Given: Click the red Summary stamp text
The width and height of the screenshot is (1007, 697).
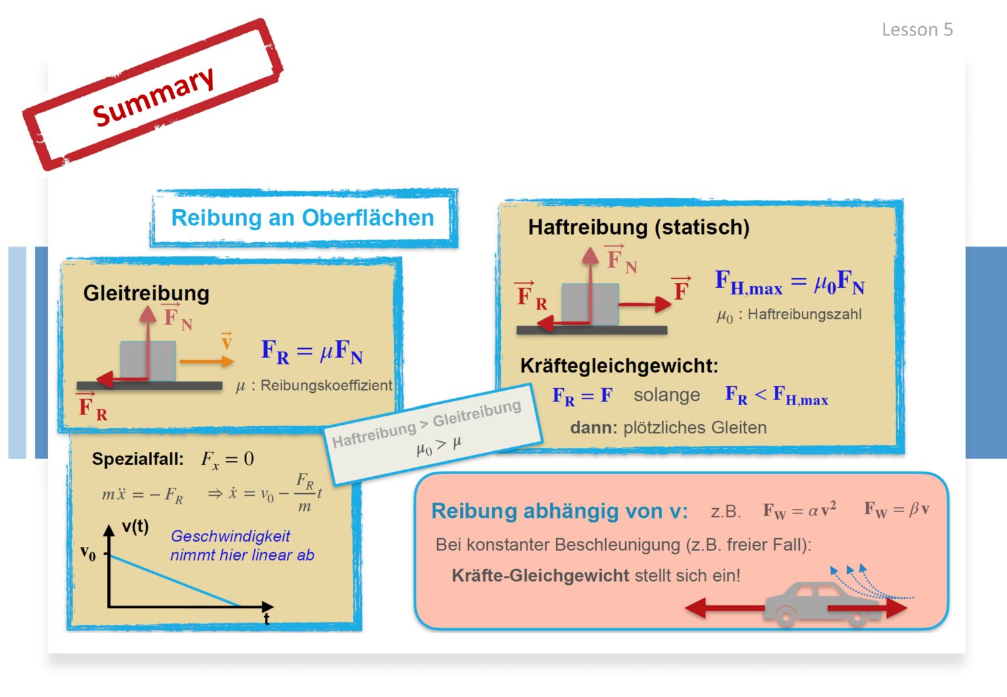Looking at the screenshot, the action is [153, 96].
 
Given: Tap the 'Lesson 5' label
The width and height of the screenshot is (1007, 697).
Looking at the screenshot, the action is [917, 30].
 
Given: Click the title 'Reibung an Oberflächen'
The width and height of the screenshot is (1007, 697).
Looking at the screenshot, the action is [302, 218].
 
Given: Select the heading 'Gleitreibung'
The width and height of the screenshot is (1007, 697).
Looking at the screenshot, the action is [146, 293].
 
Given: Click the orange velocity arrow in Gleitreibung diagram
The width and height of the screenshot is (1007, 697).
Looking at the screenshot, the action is [207, 361].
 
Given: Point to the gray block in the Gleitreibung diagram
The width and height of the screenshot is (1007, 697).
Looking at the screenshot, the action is [148, 361].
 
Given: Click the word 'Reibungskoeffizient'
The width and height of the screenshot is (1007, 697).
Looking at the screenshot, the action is [326, 386].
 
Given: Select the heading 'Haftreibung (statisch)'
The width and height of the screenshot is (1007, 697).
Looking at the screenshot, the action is [639, 227].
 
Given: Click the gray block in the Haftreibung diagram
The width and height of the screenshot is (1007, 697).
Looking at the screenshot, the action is [590, 304].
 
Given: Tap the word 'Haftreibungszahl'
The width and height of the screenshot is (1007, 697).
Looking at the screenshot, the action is [804, 314].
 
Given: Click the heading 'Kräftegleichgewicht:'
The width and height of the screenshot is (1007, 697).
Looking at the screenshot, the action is [619, 366].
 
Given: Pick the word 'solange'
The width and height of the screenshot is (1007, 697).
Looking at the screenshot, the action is [667, 395].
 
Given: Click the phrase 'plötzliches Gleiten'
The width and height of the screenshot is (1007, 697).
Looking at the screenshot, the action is [694, 428].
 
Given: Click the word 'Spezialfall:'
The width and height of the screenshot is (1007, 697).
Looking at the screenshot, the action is [138, 459].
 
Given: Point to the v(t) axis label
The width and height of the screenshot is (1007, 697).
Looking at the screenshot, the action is [135, 526].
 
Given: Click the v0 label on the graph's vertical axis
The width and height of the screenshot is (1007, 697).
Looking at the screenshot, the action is [88, 553].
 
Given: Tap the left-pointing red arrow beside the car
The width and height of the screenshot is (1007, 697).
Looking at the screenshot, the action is [724, 608].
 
